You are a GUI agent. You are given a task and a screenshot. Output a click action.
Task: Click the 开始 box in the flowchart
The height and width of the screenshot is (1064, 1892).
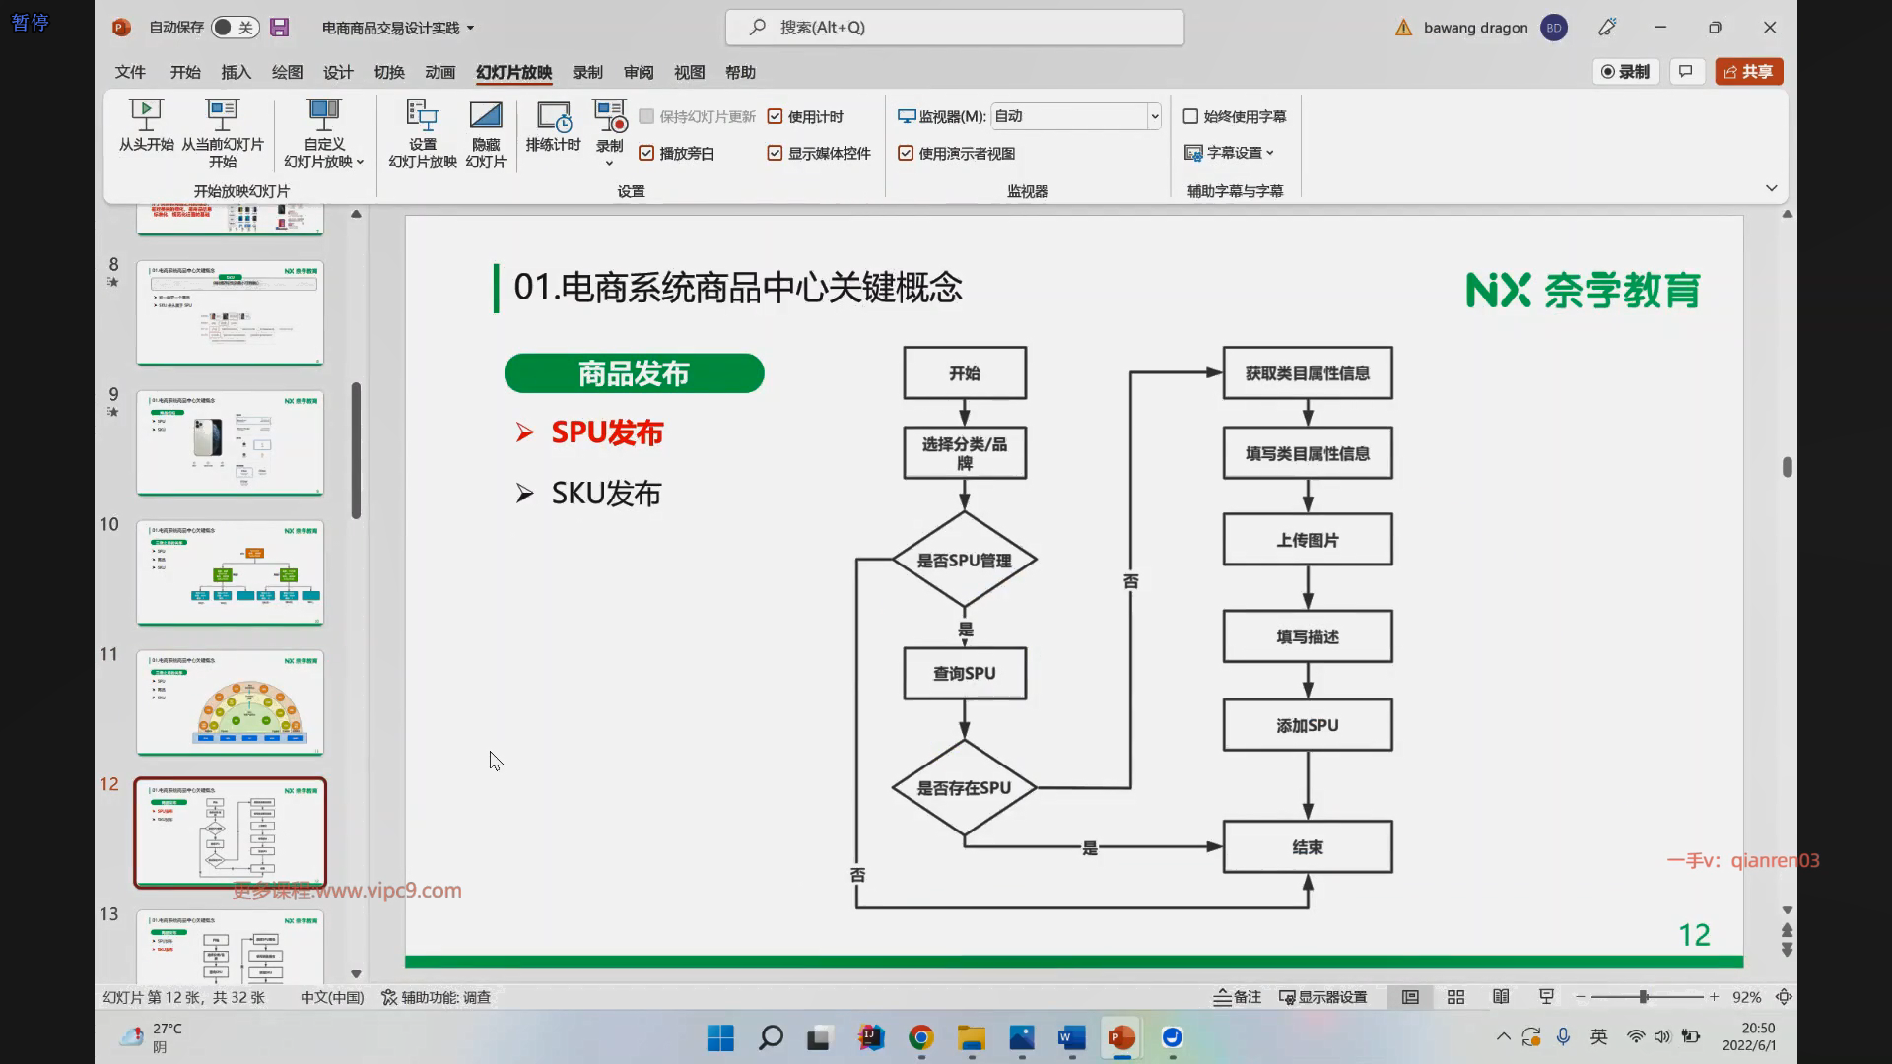[x=964, y=373]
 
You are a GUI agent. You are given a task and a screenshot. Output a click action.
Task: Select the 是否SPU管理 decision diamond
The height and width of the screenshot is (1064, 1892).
[x=964, y=561]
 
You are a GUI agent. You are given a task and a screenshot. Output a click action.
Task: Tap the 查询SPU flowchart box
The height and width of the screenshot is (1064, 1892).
[x=964, y=674]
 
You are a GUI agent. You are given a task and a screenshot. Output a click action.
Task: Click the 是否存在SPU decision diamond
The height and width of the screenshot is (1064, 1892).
[x=964, y=788]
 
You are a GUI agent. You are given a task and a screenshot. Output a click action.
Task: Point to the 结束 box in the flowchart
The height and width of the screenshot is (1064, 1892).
[x=1307, y=847]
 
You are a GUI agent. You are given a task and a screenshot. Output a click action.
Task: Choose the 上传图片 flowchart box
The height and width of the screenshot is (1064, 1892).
[x=1307, y=540]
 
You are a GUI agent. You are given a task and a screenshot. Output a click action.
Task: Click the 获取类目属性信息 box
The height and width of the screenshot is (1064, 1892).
[x=1307, y=373]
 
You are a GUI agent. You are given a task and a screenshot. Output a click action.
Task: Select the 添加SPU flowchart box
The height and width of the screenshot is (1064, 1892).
[x=1307, y=726]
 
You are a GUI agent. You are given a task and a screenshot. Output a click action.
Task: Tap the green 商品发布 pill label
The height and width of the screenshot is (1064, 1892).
[x=634, y=373]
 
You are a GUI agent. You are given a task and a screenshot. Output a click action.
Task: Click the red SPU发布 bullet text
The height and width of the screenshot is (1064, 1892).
[x=606, y=432]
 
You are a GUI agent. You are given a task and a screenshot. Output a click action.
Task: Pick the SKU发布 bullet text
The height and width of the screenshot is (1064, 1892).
[x=605, y=494]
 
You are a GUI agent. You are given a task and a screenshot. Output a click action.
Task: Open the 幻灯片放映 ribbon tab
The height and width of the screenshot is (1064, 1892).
[x=513, y=72]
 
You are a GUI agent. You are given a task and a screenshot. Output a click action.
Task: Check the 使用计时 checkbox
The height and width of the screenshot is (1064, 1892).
[x=776, y=117]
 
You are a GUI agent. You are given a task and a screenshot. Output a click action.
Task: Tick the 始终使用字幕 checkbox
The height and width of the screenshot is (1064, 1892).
[x=1190, y=117]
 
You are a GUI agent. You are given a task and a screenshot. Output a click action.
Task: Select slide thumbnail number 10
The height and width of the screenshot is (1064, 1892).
[x=230, y=572]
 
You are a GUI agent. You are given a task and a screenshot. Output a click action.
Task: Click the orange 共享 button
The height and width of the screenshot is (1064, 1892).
[x=1748, y=72]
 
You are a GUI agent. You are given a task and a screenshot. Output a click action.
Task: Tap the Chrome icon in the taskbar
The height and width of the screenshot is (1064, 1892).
[x=921, y=1037]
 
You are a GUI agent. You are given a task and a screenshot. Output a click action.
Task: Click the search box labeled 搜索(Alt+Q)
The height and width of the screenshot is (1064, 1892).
[x=954, y=28]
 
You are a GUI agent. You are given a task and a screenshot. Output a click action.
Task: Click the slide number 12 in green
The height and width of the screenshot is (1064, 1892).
[x=1694, y=935]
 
